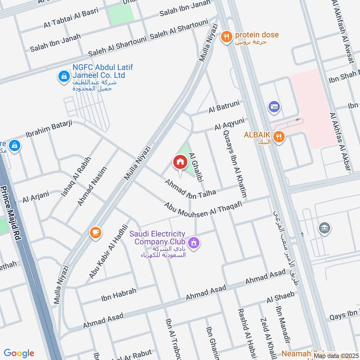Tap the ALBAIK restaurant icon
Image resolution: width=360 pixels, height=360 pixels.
coord(279,138)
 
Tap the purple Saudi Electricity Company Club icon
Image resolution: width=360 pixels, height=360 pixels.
coord(194,243)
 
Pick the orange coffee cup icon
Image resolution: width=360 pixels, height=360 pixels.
coord(95,232)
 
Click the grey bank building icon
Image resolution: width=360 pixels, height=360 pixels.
coord(324,228)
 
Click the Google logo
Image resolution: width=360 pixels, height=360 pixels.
coord(19,353)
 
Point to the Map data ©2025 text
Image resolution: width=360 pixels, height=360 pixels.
coord(336,355)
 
